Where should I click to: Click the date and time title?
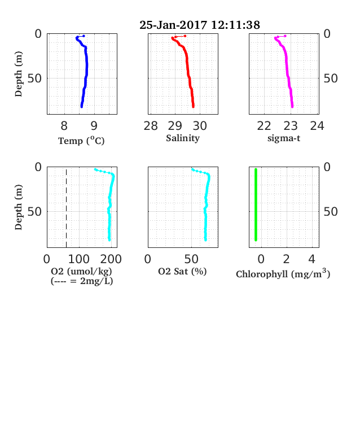point(200,25)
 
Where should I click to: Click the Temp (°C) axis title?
point(81,141)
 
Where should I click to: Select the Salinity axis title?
point(183,138)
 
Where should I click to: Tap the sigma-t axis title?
point(284,138)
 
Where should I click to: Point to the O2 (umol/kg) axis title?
point(81,271)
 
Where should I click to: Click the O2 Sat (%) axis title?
point(182,271)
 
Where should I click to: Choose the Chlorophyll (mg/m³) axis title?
point(283,273)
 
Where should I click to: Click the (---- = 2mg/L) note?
point(82,281)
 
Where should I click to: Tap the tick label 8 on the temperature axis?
point(64,126)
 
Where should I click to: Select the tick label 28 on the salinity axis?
point(151,126)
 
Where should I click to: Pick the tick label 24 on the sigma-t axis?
point(317,126)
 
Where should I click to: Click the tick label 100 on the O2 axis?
point(79,259)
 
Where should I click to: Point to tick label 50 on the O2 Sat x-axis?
point(191,259)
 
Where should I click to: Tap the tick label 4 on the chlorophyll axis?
point(312,259)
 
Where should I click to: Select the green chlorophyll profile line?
point(256,204)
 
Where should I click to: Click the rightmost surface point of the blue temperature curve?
point(84,36)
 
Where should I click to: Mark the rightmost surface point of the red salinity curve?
point(185,36)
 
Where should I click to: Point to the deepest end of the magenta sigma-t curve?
point(292,107)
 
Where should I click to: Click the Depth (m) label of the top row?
point(19,74)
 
